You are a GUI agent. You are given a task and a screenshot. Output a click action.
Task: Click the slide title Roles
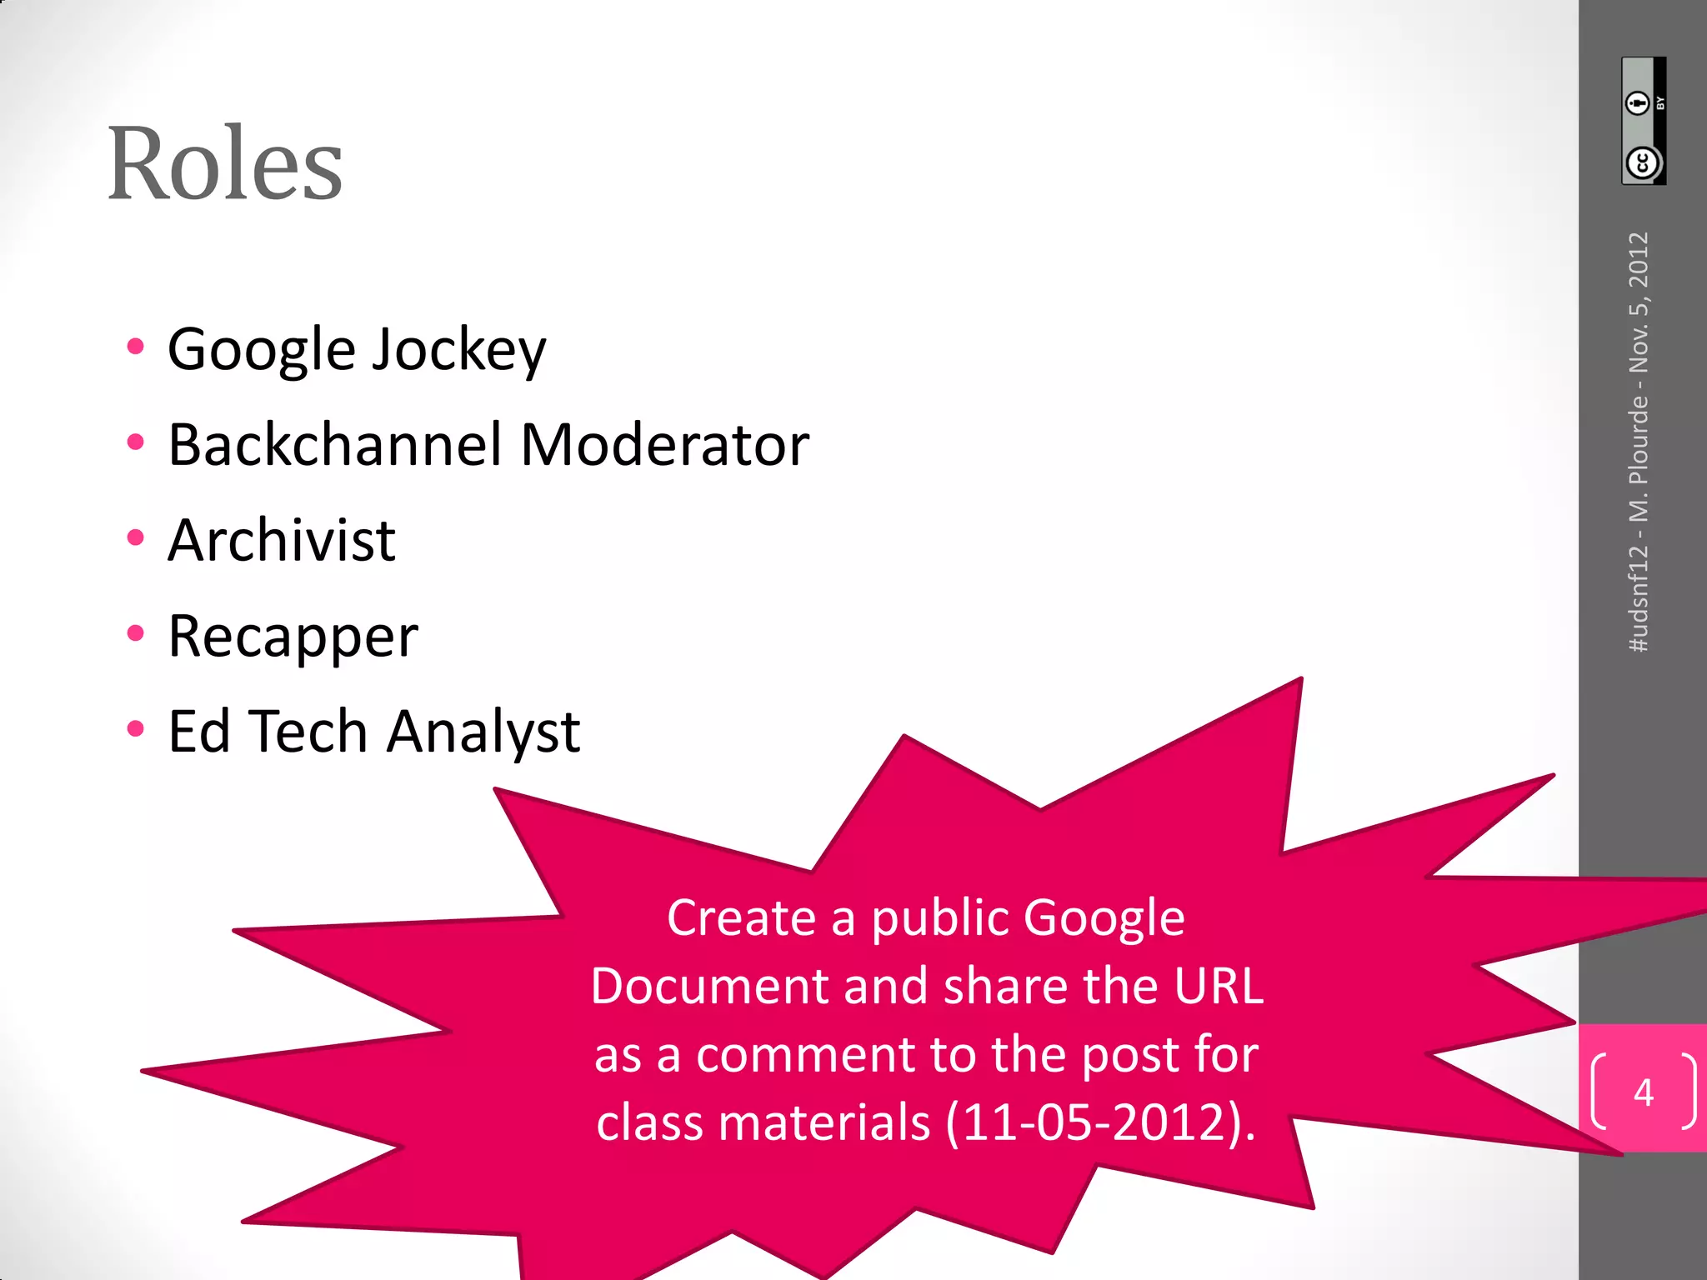(x=225, y=163)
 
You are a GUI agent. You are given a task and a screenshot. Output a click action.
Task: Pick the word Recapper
(x=293, y=637)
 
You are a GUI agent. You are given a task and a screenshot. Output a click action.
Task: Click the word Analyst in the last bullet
(x=483, y=732)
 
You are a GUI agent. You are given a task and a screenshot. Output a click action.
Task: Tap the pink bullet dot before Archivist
(x=136, y=538)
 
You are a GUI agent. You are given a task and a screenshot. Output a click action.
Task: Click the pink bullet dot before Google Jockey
(x=136, y=347)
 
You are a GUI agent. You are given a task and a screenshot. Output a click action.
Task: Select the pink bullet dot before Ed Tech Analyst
(x=136, y=729)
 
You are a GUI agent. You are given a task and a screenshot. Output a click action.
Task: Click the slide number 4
(x=1643, y=1092)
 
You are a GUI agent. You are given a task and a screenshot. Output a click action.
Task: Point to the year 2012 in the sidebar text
(x=1639, y=259)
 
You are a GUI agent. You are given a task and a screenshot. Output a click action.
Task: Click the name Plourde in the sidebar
(x=1639, y=439)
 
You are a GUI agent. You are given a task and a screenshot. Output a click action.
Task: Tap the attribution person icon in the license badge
(x=1638, y=102)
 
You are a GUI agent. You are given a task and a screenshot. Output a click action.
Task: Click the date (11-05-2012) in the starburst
(x=1100, y=1122)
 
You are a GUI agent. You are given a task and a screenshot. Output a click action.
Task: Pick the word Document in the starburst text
(x=710, y=986)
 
